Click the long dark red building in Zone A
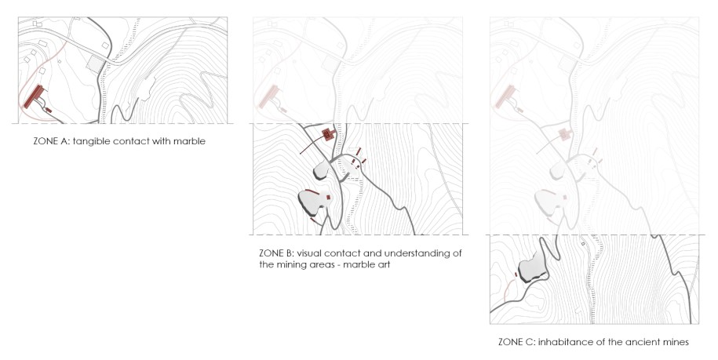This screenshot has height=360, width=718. pos(34,96)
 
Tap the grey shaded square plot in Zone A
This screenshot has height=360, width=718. pos(96,64)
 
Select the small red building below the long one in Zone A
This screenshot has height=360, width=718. pos(49,111)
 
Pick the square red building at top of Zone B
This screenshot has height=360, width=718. pos(328,134)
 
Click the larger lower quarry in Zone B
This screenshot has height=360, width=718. pos(314,202)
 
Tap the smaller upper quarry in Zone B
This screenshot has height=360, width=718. pos(322,170)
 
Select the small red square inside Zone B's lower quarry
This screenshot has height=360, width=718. pos(328,197)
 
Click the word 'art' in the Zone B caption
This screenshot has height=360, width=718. pos(383,264)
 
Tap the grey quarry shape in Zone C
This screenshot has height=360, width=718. pos(531,270)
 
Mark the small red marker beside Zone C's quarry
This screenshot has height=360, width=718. pos(516,275)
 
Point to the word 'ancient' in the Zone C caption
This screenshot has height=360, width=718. pos(645,342)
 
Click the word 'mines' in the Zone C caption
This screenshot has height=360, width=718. pos(676,342)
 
